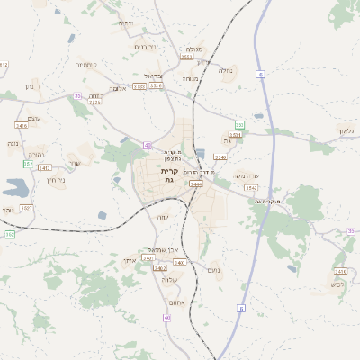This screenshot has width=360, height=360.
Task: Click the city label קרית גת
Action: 168,175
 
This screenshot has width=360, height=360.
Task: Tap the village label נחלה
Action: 226,68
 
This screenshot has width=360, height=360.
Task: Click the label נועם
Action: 213,270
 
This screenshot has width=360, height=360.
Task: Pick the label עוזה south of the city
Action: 161,217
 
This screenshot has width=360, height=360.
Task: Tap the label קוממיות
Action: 86,65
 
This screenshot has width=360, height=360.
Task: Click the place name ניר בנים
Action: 144,47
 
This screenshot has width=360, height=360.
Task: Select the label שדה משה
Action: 245,175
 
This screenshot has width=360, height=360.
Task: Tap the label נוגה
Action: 13,143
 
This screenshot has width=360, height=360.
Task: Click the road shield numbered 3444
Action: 196,184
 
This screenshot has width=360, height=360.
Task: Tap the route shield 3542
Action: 251,187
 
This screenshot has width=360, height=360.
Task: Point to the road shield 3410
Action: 340,271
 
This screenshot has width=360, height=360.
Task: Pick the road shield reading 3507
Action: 27,207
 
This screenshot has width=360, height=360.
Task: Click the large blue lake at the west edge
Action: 13,189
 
